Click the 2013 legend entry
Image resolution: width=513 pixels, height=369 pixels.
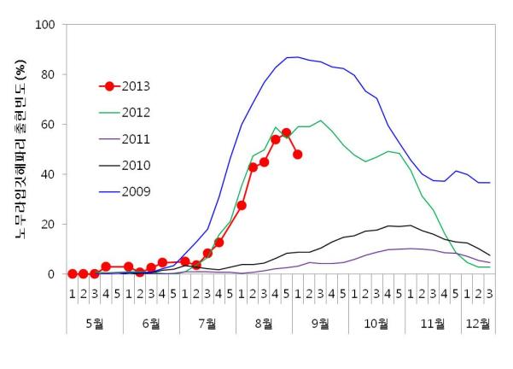pos(132,86)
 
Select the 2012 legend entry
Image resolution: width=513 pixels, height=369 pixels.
pos(132,112)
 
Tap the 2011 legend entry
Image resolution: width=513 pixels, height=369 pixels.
pos(132,138)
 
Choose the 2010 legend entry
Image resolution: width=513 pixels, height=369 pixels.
pos(132,165)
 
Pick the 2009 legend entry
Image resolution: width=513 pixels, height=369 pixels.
pos(132,190)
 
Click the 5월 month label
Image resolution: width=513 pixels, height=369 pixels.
pos(94,324)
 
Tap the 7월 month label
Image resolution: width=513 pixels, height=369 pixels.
pos(207,324)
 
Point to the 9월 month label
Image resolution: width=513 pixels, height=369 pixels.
pos(320,324)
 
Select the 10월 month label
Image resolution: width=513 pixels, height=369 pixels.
pos(376,324)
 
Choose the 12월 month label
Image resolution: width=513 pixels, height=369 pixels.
pos(478,324)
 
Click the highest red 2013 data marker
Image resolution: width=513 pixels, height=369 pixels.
pos(286,133)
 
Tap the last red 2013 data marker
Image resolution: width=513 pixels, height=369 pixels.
pos(297,155)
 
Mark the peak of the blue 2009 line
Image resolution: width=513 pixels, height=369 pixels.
pos(295,57)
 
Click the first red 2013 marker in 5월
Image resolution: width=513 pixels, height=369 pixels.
pos(72,273)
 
